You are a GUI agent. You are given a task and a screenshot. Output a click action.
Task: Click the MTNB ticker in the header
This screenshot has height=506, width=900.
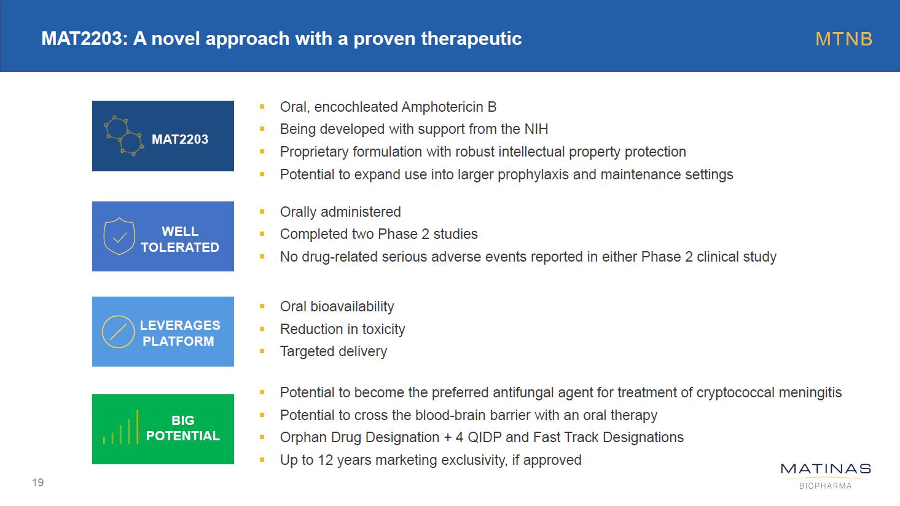coord(843,39)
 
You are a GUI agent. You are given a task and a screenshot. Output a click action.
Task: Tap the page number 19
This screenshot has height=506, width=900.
coord(37,482)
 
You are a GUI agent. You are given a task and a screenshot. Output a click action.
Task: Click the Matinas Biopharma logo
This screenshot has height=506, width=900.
coord(826,477)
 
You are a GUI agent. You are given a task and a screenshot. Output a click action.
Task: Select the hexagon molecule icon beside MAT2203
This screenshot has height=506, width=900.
coord(123,136)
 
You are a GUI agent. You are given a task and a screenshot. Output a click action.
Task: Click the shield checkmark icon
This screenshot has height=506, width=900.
coord(119,236)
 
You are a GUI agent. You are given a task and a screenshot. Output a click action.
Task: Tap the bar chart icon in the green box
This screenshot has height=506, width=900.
coord(120,427)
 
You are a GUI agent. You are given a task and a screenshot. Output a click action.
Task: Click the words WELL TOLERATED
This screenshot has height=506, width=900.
coord(180,239)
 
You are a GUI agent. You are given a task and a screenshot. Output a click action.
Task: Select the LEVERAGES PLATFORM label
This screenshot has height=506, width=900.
coord(179,333)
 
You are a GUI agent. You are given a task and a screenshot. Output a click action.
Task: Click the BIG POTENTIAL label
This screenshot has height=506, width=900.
coord(183,428)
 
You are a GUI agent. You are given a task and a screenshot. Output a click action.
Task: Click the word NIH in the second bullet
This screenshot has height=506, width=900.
coord(536,130)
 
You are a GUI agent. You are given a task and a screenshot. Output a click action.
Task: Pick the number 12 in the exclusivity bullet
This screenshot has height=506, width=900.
coord(326,460)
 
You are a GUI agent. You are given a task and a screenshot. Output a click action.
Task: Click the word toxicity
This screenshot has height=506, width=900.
coord(383,329)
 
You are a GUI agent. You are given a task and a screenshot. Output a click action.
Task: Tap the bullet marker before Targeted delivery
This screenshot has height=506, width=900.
coord(262,351)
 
